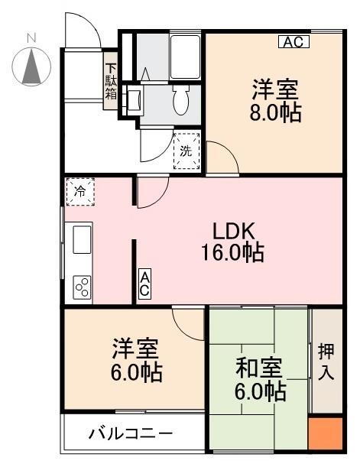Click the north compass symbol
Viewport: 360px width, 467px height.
tap(31, 66)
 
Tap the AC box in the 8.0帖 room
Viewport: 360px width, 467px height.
tap(294, 42)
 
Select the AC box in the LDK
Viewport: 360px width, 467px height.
tap(144, 284)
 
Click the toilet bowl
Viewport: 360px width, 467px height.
tap(180, 100)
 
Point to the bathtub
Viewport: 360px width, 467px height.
tap(185, 57)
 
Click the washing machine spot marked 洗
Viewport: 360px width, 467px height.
tap(186, 151)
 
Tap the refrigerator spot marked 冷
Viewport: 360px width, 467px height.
tap(80, 192)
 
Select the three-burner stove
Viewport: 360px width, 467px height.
tap(82, 287)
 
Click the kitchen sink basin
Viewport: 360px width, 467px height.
tap(82, 239)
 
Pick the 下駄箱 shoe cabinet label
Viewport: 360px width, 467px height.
tap(111, 81)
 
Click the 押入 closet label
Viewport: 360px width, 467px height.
tap(326, 362)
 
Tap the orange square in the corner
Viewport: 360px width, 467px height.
tap(325, 433)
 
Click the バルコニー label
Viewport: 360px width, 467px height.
tap(131, 433)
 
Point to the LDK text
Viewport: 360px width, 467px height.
tap(234, 232)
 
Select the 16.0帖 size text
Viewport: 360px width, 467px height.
tap(232, 252)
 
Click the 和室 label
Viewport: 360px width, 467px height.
tap(259, 368)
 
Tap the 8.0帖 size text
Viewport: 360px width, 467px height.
tap(275, 112)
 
